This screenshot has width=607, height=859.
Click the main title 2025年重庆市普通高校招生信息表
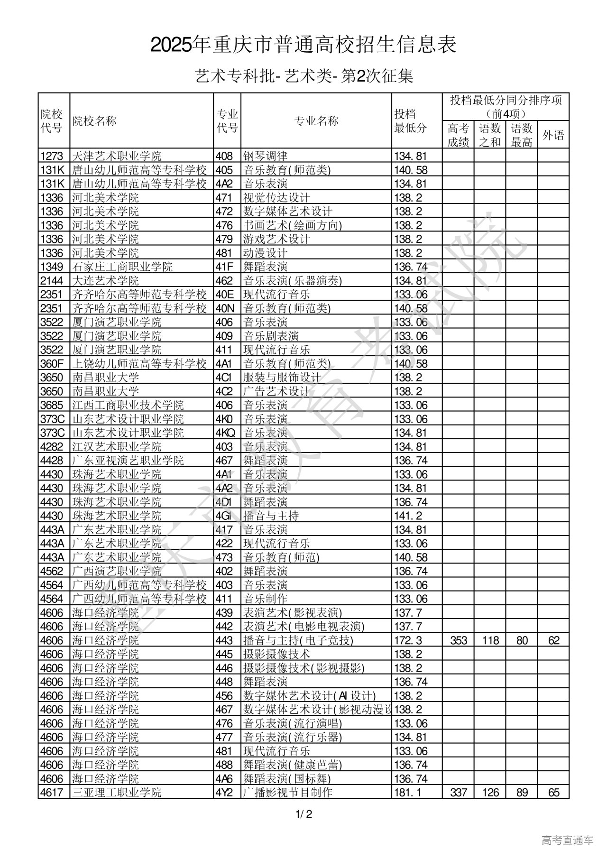303,45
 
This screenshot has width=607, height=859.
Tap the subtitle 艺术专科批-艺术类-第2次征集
303,76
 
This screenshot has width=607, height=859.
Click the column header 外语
553,135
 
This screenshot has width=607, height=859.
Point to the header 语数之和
490,135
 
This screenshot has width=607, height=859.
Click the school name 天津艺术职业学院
117,156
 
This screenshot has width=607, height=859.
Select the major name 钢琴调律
266,156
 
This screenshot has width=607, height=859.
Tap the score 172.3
408,640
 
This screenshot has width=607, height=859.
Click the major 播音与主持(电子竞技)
298,640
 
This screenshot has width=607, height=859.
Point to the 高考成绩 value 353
459,640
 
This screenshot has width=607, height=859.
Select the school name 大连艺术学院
106,280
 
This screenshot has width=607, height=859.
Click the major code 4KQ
225,433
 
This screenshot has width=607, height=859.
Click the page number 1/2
303,815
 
